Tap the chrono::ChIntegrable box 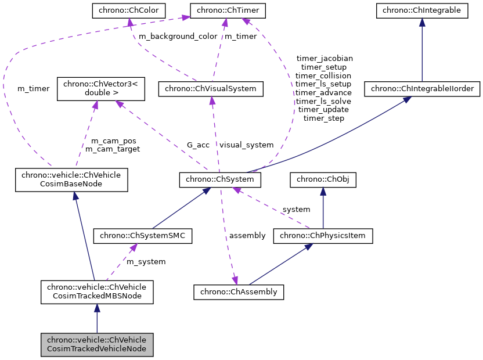pyautogui.click(x=421, y=10)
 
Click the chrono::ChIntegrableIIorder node pyautogui.click(x=421, y=89)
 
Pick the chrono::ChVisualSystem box pyautogui.click(x=211, y=89)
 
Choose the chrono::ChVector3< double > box pyautogui.click(x=97, y=88)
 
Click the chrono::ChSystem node pyautogui.click(x=220, y=181)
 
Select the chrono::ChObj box pyautogui.click(x=323, y=181)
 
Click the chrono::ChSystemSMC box pyautogui.click(x=143, y=236)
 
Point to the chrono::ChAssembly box pyautogui.click(x=239, y=291)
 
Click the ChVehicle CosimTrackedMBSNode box pyautogui.click(x=97, y=292)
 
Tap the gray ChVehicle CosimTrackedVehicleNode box pyautogui.click(x=97, y=344)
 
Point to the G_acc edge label pyautogui.click(x=198, y=145)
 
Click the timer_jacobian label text pyautogui.click(x=324, y=58)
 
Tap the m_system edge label pyautogui.click(x=146, y=262)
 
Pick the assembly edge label pyautogui.click(x=247, y=235)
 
